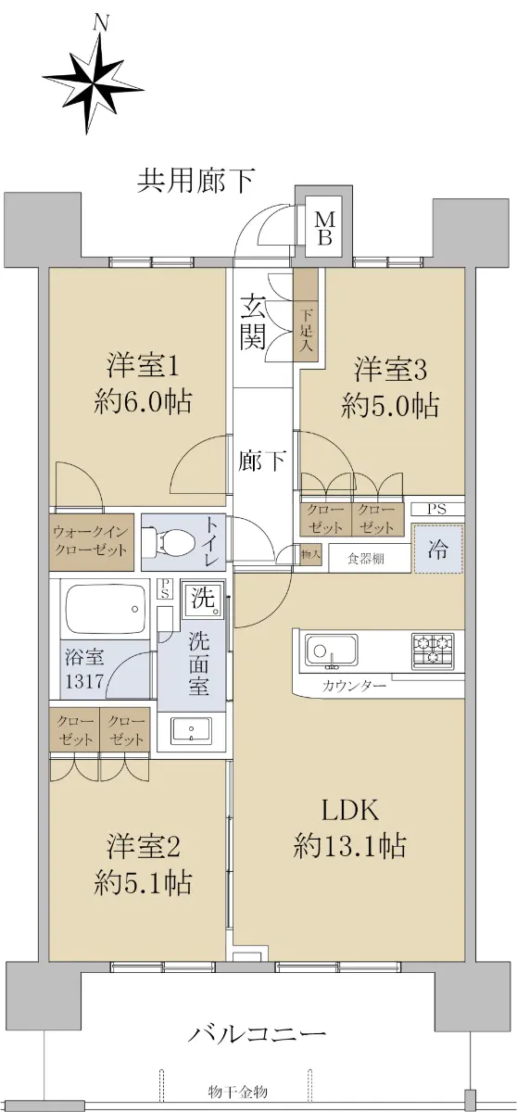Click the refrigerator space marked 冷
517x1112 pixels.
pos(438,549)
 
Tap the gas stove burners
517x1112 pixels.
pos(432,650)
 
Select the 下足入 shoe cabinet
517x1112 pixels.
pos(307,318)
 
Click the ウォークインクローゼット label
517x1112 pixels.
pos(91,541)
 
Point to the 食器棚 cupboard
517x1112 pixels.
pos(366,559)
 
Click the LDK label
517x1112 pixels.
pos(350,810)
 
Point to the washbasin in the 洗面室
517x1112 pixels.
pos(191,730)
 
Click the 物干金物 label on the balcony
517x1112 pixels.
pos(238,1093)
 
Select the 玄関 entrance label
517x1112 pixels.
pos(252,322)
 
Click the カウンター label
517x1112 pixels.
pos(354,687)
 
